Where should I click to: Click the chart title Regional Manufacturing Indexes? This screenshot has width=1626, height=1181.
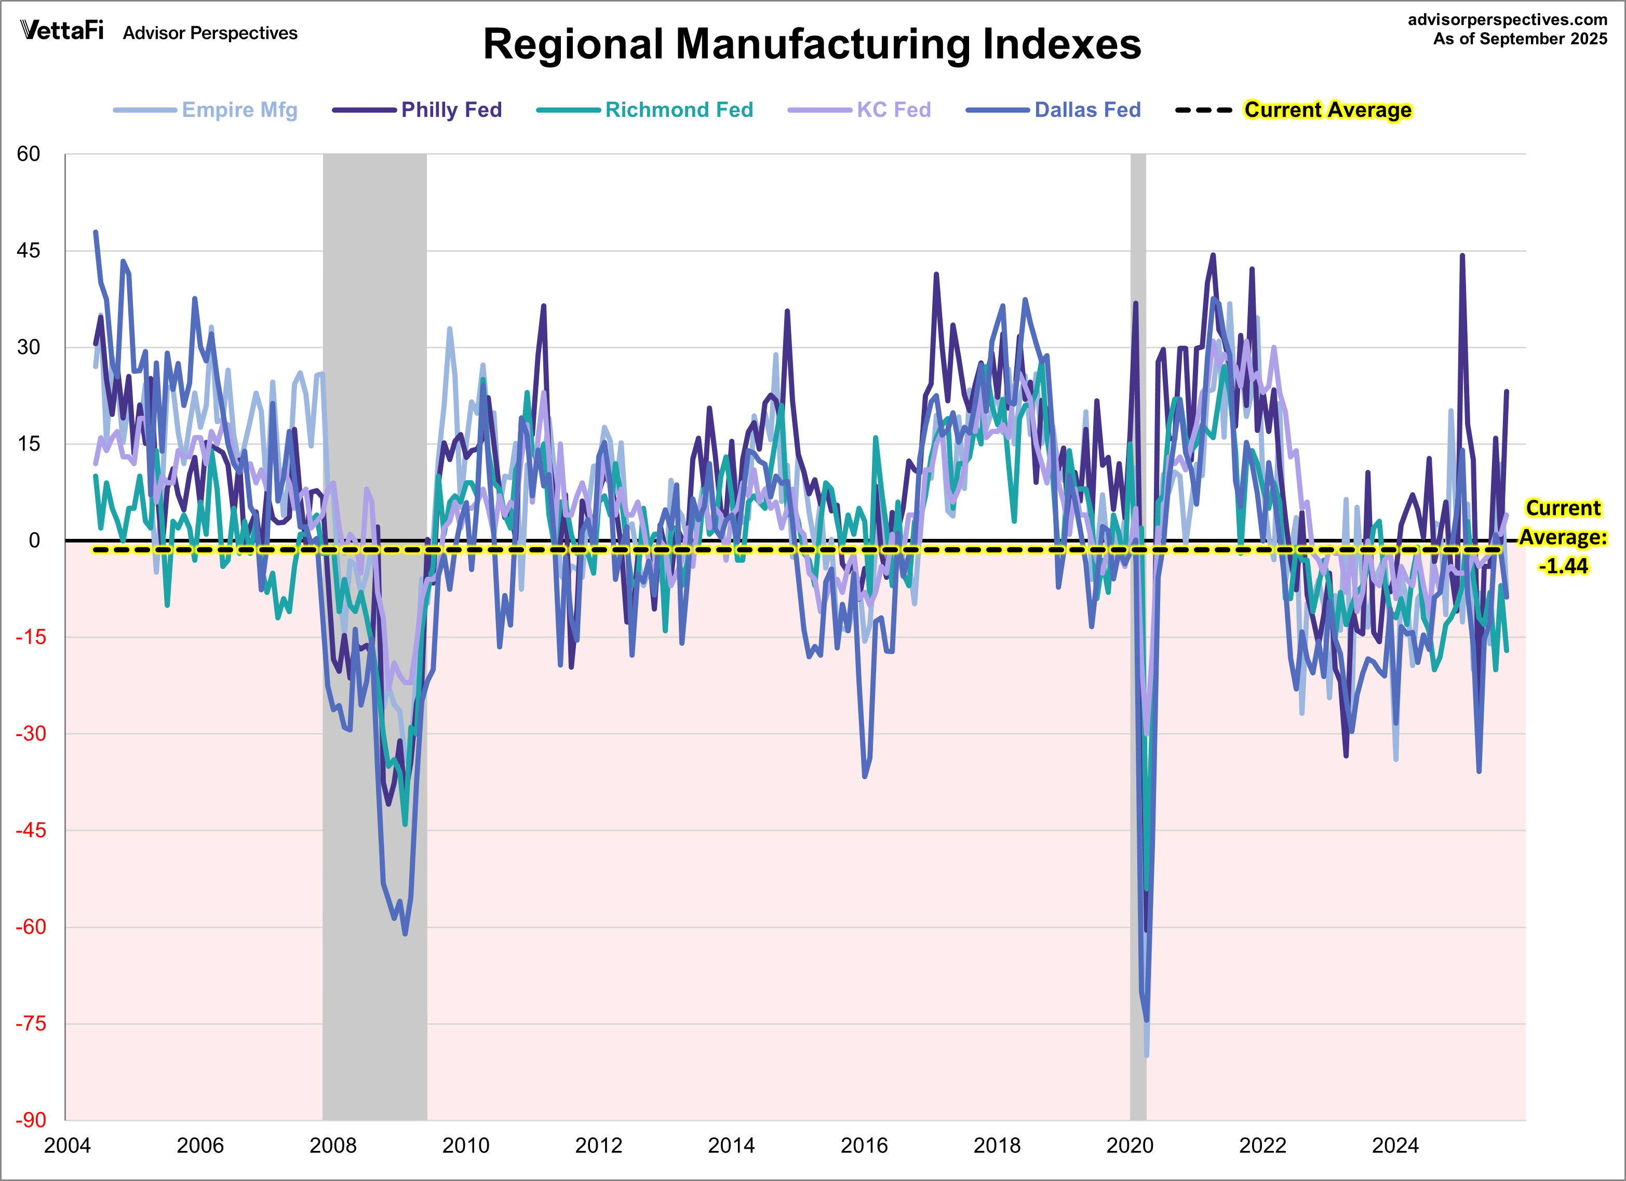(x=812, y=45)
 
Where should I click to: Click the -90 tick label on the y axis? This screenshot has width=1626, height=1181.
(x=30, y=1120)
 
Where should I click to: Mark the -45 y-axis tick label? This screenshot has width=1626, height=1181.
(x=30, y=831)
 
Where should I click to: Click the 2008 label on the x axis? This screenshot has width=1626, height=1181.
(x=333, y=1146)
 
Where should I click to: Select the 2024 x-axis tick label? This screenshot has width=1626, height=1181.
(x=1394, y=1146)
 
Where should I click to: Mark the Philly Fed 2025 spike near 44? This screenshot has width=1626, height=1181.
(x=1462, y=256)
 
